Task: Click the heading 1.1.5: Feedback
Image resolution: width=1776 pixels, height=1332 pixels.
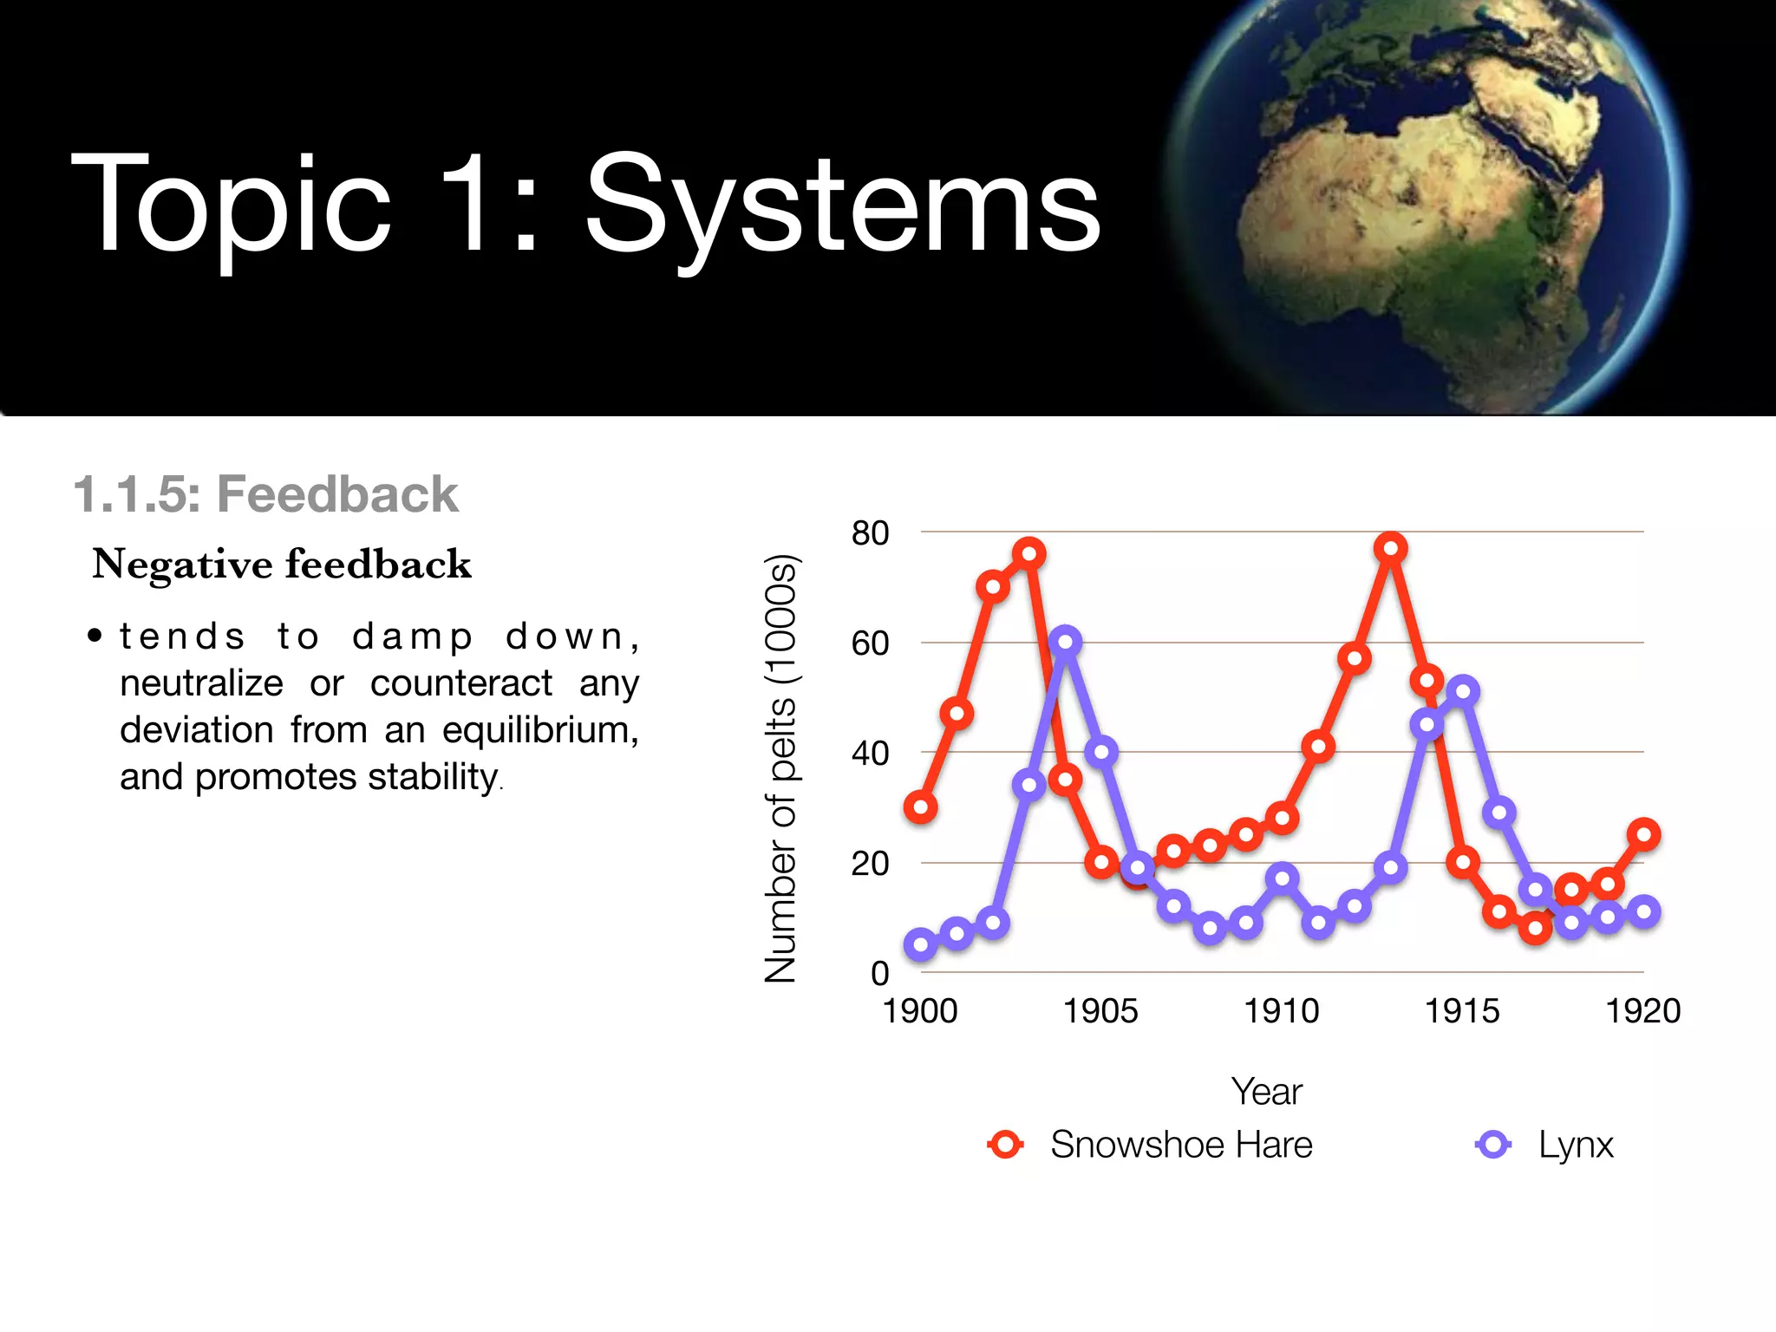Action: [x=265, y=494]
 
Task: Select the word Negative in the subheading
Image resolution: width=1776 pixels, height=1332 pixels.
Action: [x=183, y=565]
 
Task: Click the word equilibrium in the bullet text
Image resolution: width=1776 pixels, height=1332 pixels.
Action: [x=539, y=730]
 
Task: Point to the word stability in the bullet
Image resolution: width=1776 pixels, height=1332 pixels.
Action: [x=433, y=776]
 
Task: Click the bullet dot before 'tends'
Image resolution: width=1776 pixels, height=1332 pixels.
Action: [x=95, y=637]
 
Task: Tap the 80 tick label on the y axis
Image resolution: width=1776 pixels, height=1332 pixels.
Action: [x=870, y=532]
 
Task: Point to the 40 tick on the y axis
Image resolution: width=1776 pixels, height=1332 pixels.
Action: [x=870, y=753]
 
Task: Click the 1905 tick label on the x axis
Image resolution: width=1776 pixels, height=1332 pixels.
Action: [x=1100, y=1011]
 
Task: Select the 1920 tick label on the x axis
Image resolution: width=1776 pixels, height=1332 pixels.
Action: [x=1642, y=1011]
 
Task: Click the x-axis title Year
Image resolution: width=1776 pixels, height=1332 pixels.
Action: [x=1266, y=1092]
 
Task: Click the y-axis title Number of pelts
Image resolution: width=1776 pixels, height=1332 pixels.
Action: [x=780, y=767]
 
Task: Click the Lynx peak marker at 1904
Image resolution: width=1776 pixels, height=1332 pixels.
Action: [x=1065, y=642]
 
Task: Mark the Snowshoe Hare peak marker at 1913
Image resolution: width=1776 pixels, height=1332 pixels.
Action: [x=1390, y=548]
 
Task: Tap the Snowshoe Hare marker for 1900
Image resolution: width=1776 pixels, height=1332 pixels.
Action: [x=920, y=807]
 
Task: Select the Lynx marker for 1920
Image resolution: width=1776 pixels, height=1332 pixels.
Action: [x=1643, y=911]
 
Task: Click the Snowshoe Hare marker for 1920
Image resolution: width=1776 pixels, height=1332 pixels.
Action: [x=1643, y=834]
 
